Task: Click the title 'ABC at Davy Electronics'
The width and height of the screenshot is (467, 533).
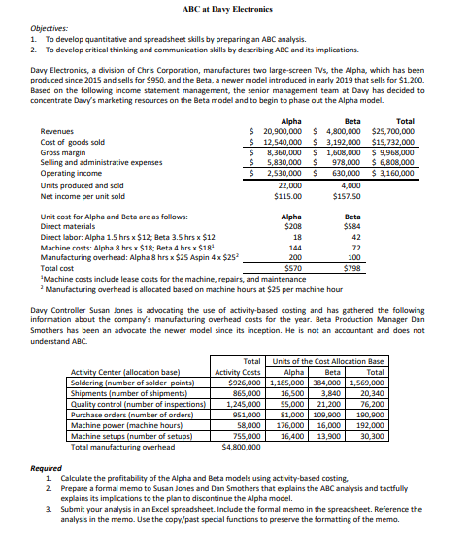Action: click(x=234, y=8)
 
